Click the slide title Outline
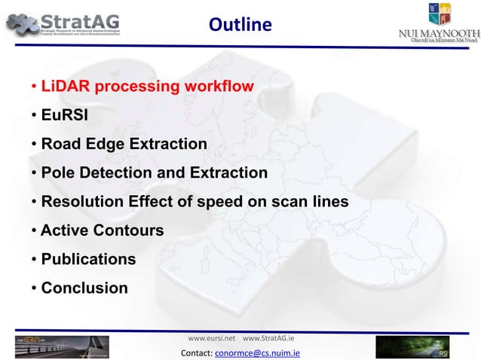coord(240,25)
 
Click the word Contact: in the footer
coord(198,352)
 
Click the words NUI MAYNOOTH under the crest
coord(438,33)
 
